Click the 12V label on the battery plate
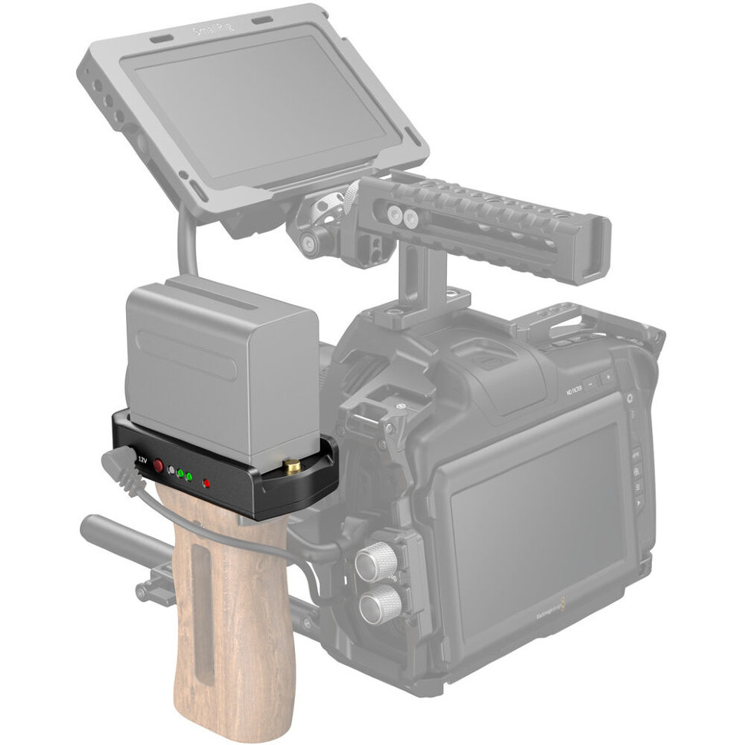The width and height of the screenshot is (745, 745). coord(142,459)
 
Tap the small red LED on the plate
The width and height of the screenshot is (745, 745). coord(206,483)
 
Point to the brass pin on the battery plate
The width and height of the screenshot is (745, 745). coord(293,465)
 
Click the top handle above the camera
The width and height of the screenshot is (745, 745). coord(492,223)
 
